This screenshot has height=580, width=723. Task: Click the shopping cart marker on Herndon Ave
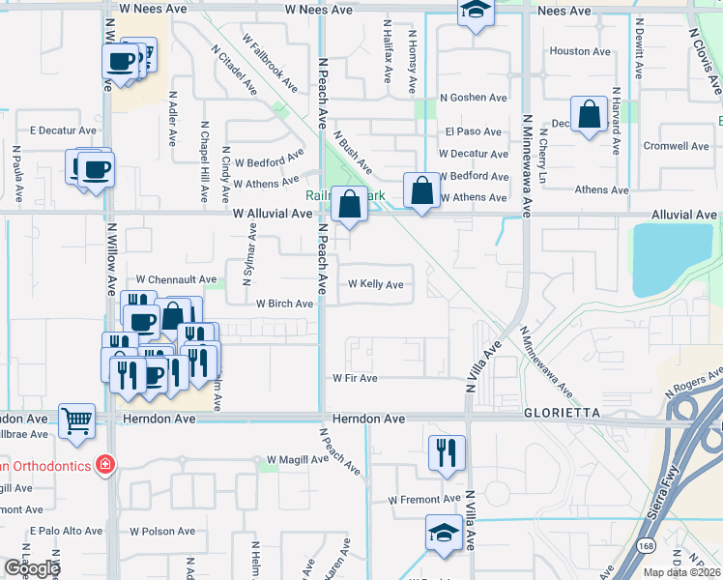coord(76,420)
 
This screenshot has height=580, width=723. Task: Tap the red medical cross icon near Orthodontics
coord(104,466)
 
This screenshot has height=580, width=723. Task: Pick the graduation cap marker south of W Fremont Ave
coord(444,533)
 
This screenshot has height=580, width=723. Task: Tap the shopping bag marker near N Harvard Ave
coord(589,115)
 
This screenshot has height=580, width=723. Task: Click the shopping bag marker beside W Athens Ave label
coord(421,190)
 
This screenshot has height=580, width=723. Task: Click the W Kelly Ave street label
coord(375,284)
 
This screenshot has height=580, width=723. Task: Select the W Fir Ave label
coord(355,378)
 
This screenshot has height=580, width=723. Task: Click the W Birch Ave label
coord(284,303)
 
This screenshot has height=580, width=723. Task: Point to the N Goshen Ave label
coord(474,98)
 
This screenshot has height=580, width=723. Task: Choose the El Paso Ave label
coord(474,131)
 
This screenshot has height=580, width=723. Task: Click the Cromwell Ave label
coord(676,146)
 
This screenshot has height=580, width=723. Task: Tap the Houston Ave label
coord(580,51)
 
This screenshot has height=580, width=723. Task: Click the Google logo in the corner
coord(31,568)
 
